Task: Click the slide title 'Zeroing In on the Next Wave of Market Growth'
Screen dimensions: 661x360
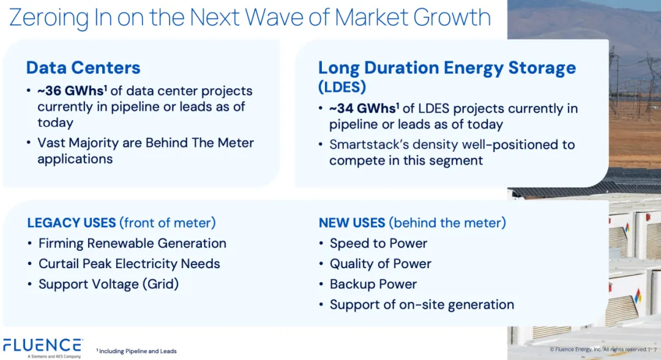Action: click(250, 18)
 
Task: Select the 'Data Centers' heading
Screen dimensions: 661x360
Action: click(83, 67)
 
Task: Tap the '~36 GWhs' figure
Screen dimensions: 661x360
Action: click(71, 91)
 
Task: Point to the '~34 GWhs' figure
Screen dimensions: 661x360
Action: click(362, 108)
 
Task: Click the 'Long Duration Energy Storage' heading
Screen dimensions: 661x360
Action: click(447, 67)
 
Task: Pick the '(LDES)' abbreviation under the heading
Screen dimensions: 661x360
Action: click(342, 87)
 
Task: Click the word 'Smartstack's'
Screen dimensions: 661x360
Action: click(369, 144)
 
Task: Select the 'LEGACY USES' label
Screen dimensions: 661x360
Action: click(71, 223)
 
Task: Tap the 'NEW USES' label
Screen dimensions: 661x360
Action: click(351, 223)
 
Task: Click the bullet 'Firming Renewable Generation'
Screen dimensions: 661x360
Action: click(132, 243)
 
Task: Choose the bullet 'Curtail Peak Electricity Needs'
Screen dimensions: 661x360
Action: click(129, 263)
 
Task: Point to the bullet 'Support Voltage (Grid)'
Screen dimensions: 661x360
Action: click(108, 284)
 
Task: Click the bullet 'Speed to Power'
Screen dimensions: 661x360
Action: click(378, 243)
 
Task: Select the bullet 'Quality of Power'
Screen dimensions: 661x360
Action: click(380, 263)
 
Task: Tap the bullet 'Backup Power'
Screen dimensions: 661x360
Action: click(373, 284)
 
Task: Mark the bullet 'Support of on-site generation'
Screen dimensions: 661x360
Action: click(422, 304)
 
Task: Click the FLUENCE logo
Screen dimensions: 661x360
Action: click(43, 348)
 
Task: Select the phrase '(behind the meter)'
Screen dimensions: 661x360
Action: click(447, 223)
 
